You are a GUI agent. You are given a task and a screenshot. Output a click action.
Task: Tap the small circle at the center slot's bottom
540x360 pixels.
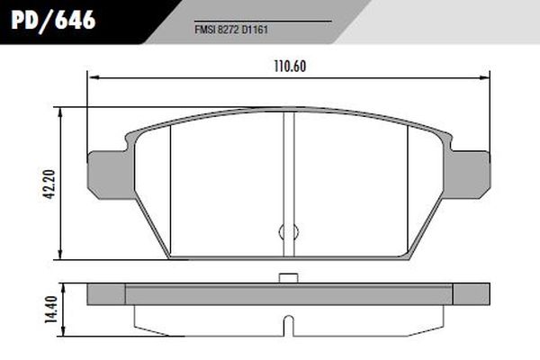pyautogui.click(x=289, y=231)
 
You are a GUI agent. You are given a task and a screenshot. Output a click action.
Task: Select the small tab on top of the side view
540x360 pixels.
pyautogui.click(x=289, y=277)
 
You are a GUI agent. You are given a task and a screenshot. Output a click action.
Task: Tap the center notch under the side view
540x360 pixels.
pyautogui.click(x=289, y=322)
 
